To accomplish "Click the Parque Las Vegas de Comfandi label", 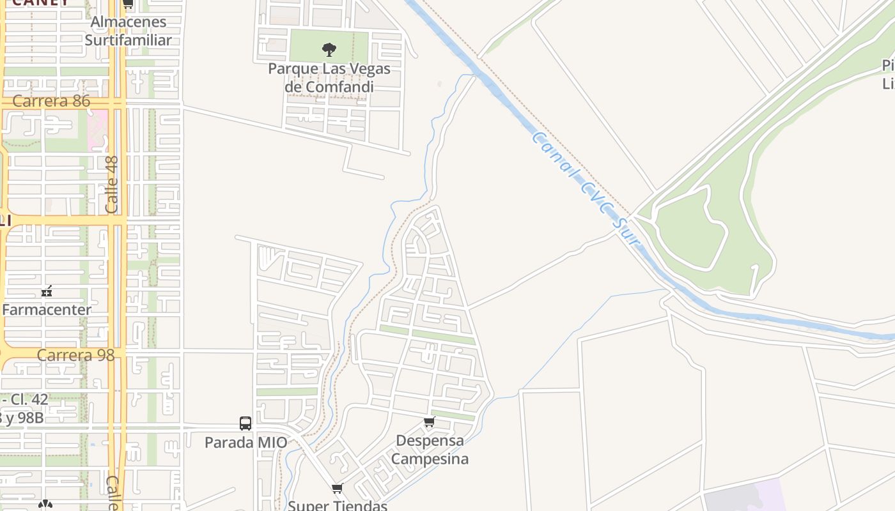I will [x=329, y=77].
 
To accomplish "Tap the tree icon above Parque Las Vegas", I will [x=329, y=49].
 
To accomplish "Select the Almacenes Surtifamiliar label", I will [x=128, y=31].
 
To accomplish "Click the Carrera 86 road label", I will [x=51, y=102].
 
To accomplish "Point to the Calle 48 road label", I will [x=112, y=185].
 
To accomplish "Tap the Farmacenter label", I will [x=47, y=310].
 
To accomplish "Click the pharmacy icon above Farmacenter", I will [x=47, y=291].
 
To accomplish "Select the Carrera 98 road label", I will [x=75, y=355].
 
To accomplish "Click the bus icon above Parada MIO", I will [x=245, y=423].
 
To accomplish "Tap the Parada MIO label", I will [x=245, y=442].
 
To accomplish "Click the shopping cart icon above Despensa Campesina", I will [x=430, y=422].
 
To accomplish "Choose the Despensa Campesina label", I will [x=430, y=450].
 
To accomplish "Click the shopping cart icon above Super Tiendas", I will [x=338, y=489].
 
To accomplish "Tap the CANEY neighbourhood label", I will [x=40, y=3].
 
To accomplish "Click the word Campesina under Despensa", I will [x=430, y=459].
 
